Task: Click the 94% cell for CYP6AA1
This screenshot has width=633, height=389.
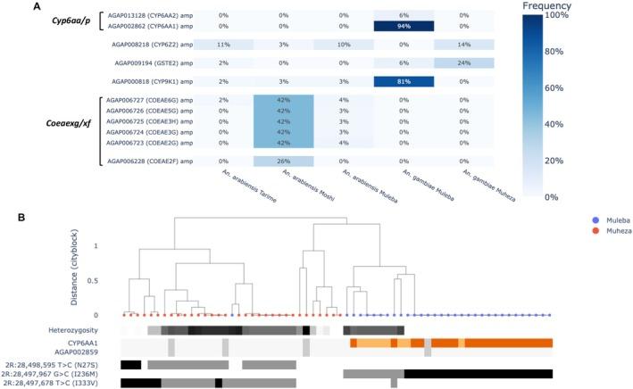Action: [x=404, y=27]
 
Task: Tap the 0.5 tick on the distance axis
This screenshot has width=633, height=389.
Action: [x=107, y=279]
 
